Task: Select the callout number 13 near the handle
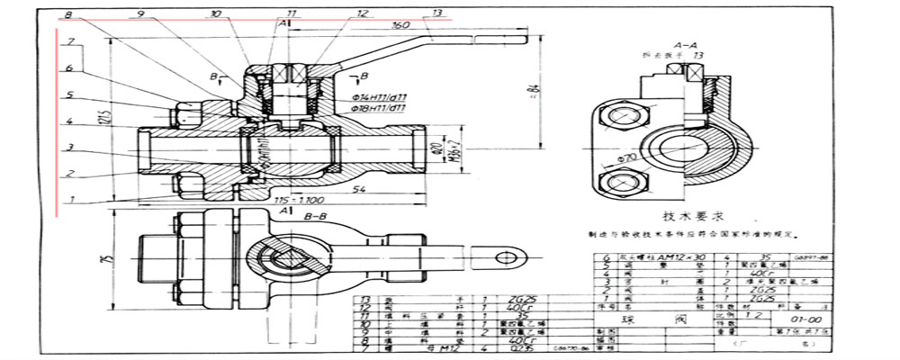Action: click(437, 13)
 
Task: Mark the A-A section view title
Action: click(683, 44)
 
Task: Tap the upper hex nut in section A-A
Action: click(622, 117)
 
